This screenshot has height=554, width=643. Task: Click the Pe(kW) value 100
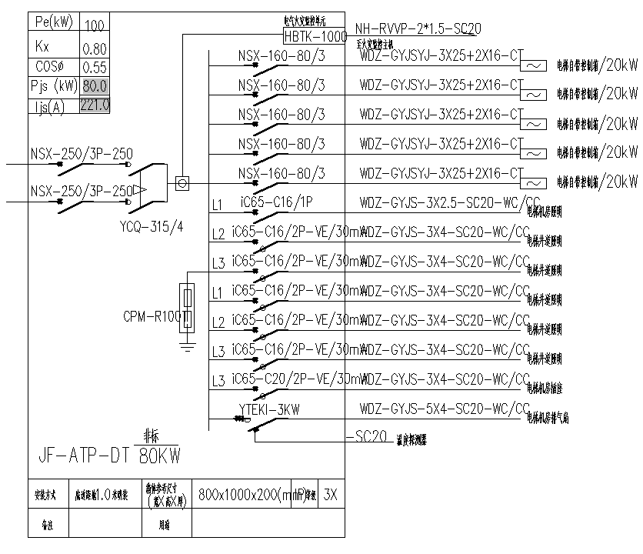coord(95,26)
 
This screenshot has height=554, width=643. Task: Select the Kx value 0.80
coord(95,47)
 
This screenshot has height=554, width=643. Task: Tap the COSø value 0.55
coord(95,67)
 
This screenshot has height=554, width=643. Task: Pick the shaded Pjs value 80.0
coord(95,85)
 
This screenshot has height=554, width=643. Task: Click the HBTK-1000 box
coord(315,35)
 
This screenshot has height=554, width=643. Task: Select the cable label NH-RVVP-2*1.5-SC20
coord(418,28)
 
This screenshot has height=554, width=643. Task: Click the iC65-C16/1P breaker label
coord(277,203)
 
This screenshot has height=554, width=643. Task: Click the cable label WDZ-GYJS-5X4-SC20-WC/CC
coord(445,408)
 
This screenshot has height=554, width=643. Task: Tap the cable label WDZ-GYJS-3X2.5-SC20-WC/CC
coord(445,203)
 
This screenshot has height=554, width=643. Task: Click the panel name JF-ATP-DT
coord(82,456)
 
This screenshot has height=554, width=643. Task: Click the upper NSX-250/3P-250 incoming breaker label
coord(82,154)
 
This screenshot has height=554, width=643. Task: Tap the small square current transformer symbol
coord(182,184)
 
